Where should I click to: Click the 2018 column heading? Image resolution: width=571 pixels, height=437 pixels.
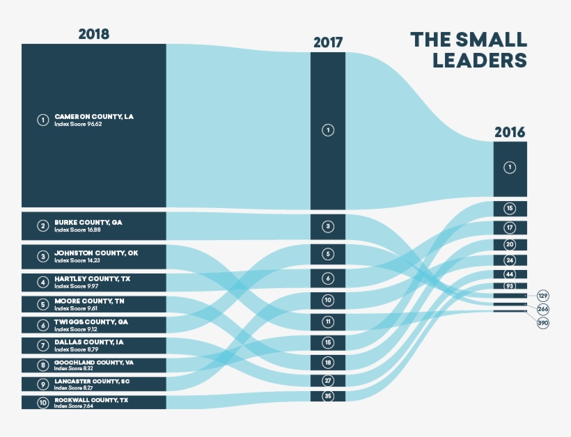[93, 34]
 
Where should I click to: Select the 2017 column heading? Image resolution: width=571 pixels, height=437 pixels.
[327, 42]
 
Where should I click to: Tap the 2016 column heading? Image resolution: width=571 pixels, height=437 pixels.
[510, 132]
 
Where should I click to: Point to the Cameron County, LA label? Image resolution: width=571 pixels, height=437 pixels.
[93, 117]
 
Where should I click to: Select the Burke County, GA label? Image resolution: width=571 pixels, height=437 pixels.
[88, 222]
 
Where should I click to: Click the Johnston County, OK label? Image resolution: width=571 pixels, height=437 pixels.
[96, 253]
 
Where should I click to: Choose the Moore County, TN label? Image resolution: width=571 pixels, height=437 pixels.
[88, 301]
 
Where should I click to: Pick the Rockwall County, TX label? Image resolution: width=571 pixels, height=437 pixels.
[91, 400]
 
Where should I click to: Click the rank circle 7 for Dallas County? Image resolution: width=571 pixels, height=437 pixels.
[43, 345]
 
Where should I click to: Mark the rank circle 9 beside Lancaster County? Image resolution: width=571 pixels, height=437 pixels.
[43, 383]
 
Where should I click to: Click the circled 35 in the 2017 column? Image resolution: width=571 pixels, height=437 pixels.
[328, 396]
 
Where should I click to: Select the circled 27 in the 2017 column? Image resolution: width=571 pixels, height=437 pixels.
[328, 381]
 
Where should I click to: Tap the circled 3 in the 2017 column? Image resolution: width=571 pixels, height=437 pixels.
[328, 226]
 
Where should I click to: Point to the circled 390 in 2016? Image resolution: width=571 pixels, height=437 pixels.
[543, 323]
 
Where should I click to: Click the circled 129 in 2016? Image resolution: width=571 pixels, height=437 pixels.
[543, 296]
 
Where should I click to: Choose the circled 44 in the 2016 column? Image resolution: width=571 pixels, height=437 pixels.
[510, 275]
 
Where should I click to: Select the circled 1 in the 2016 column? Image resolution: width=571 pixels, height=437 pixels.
[510, 168]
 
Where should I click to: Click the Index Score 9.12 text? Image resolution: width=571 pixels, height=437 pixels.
[77, 329]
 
